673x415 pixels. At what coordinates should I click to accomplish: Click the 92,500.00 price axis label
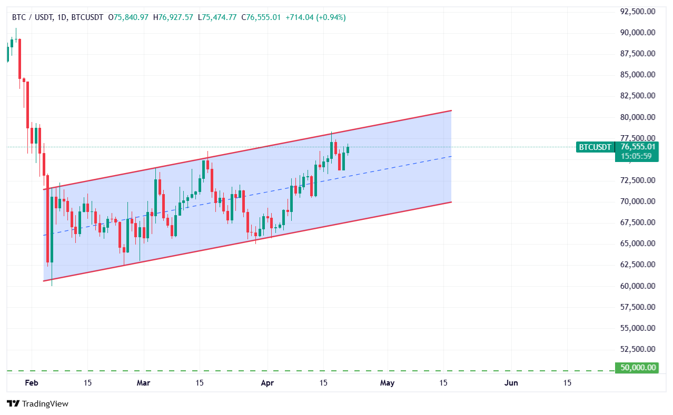click(638, 11)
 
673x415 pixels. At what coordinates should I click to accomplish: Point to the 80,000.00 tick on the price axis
click(638, 117)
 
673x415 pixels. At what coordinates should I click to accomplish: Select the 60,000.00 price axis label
click(638, 286)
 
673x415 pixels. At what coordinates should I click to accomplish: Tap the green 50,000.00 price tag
click(637, 368)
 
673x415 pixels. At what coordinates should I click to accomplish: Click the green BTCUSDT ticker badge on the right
click(595, 147)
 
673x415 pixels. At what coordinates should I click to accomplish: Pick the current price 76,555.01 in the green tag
click(638, 147)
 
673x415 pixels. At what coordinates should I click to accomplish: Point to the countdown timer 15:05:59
click(638, 156)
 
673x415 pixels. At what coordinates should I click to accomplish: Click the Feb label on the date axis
click(31, 383)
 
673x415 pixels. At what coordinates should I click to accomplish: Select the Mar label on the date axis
click(143, 383)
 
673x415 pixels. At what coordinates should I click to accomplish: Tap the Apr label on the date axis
click(267, 383)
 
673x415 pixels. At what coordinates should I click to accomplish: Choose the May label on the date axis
click(387, 383)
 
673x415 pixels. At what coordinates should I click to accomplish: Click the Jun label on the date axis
click(511, 383)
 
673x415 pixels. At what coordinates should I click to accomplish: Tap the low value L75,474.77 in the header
click(218, 17)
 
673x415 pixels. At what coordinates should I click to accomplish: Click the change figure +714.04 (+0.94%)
click(315, 17)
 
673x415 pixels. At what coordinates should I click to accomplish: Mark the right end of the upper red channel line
click(452, 110)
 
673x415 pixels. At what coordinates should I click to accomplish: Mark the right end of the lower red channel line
click(452, 202)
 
